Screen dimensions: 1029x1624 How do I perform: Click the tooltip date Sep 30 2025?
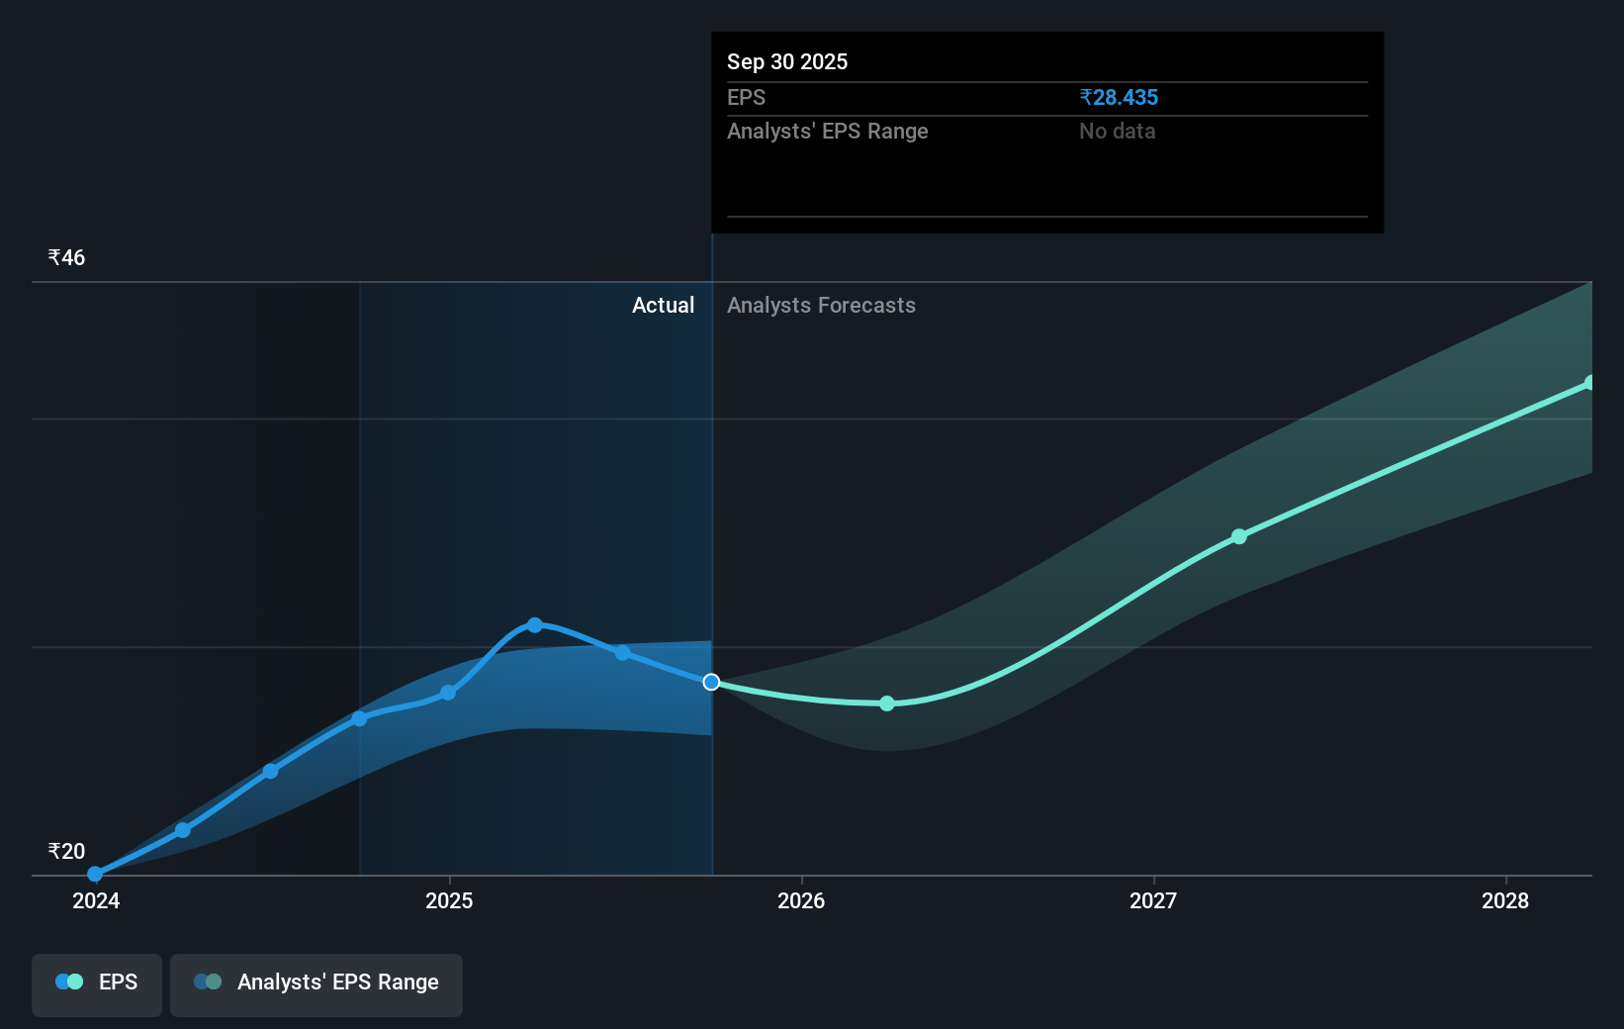tap(787, 61)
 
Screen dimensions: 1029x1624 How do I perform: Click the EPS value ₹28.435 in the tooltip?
tap(1119, 97)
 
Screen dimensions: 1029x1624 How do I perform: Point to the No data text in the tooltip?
tap(1117, 131)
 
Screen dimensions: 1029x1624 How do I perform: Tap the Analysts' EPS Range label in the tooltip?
tap(827, 131)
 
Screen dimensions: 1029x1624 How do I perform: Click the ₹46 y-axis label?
tap(66, 257)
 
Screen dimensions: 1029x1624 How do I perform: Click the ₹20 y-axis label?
tap(66, 851)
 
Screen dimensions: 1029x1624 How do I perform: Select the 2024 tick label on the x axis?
tap(96, 900)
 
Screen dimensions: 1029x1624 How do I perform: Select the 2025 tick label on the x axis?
tap(449, 900)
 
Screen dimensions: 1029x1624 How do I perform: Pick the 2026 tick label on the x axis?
tap(801, 900)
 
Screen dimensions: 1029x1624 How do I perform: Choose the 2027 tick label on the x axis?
tap(1153, 900)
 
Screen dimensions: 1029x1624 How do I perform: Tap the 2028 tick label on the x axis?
tap(1505, 900)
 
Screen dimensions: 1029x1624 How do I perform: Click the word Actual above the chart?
tap(663, 305)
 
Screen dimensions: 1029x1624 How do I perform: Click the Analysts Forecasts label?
tap(821, 305)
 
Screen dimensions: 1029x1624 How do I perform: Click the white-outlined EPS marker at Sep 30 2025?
tap(711, 682)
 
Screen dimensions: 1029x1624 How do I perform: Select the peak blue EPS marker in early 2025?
tap(535, 624)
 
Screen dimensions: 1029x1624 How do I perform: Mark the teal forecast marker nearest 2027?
tap(1239, 536)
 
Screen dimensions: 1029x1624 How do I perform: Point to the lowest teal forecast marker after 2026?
tap(887, 703)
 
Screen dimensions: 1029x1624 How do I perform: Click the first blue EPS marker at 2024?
tap(95, 874)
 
